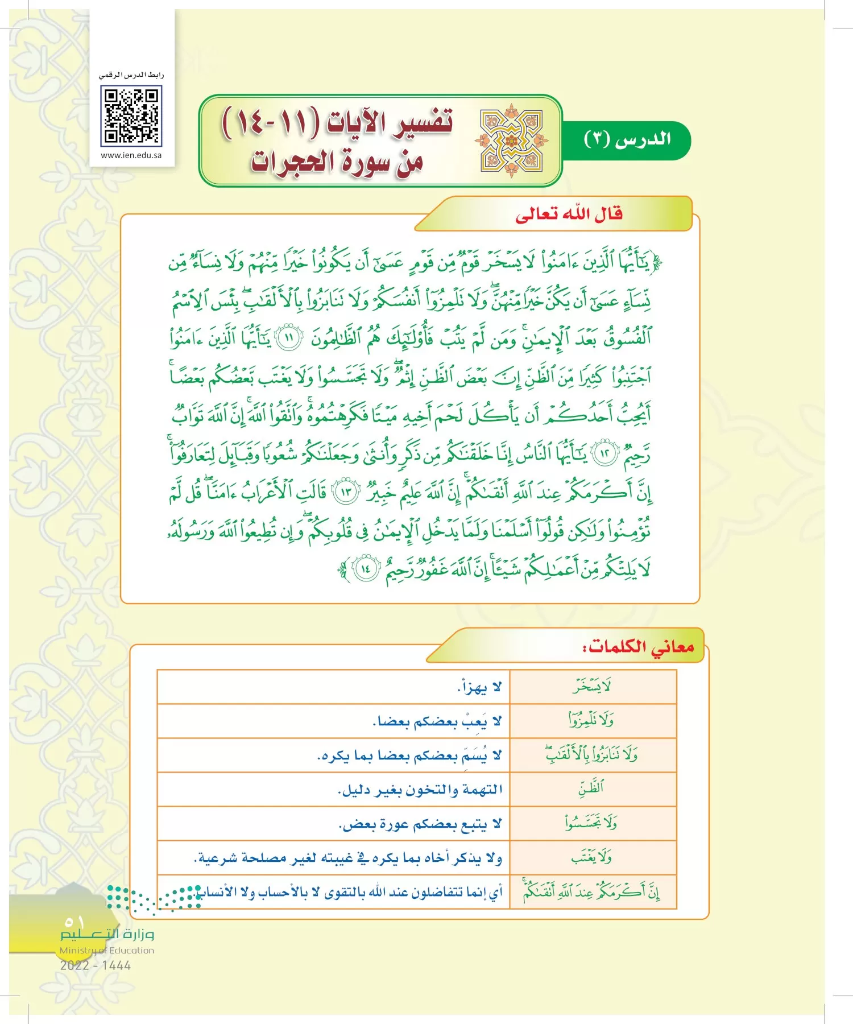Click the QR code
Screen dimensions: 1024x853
[131, 116]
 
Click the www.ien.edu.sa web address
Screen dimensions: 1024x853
[131, 155]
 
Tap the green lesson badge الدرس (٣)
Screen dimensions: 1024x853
[627, 139]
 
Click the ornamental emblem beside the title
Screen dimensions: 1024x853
[511, 141]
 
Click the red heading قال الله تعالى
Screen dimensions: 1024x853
[569, 214]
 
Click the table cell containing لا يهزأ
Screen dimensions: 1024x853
[479, 688]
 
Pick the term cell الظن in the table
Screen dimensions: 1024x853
[591, 789]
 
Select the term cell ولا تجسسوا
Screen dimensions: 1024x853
[591, 823]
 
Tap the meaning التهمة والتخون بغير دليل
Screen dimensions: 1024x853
[420, 790]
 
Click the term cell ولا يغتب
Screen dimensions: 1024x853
[591, 857]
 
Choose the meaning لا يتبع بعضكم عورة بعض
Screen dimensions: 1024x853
[420, 824]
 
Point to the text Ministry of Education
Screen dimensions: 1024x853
[107, 950]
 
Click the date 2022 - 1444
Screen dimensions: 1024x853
[96, 965]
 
